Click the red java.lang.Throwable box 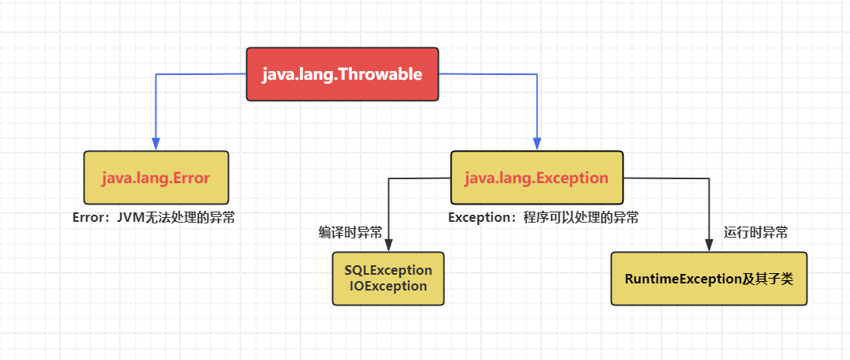coord(343,75)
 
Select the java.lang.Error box coord(156,178)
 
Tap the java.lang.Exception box coord(537,178)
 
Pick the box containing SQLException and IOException coord(388,279)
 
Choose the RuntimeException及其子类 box coord(709,279)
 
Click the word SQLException coord(388,270)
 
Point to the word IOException coord(388,287)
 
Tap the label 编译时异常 coord(350,233)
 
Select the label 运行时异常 coord(755,233)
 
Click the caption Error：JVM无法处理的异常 coord(153,217)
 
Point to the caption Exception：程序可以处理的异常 coord(544,217)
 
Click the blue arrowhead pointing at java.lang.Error coord(156,145)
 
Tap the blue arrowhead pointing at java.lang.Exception coord(537,145)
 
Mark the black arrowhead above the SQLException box coord(388,246)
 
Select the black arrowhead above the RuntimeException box coord(708,246)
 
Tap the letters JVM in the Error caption coord(129,217)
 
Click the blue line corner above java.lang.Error coord(156,74)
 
